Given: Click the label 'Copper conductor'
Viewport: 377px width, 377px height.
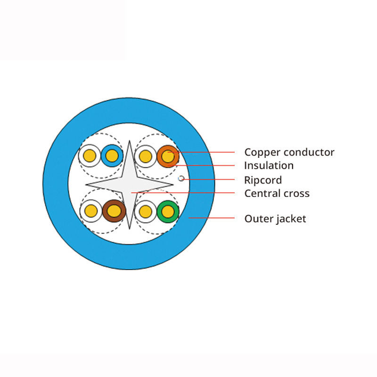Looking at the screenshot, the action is [289, 152].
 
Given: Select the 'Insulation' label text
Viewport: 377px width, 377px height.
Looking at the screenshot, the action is [269, 165].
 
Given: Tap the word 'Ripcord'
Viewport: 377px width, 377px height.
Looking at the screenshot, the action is [263, 180].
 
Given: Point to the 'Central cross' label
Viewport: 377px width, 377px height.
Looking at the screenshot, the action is [277, 193].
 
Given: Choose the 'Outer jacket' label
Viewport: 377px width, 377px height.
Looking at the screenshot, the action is [275, 219].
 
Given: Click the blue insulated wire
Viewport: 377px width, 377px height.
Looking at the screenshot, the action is [112, 156].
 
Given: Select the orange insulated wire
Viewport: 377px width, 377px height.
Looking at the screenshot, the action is [168, 156].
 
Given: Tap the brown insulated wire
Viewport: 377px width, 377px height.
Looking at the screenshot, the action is [114, 211].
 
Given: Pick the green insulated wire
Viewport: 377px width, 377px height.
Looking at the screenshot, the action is [168, 212].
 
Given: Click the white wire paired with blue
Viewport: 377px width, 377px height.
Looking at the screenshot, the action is [90, 156].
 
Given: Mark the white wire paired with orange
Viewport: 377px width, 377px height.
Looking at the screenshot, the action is [146, 156].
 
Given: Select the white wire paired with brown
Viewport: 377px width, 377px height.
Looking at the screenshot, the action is [91, 211].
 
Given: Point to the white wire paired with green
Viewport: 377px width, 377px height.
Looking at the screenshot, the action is [146, 212].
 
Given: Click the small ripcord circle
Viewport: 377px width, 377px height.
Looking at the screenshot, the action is [181, 179].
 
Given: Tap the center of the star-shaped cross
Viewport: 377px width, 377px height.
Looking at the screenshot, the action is [130, 184].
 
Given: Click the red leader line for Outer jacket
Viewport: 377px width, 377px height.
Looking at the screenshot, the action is [212, 218].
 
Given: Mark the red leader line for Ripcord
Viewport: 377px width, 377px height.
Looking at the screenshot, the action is [210, 179].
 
